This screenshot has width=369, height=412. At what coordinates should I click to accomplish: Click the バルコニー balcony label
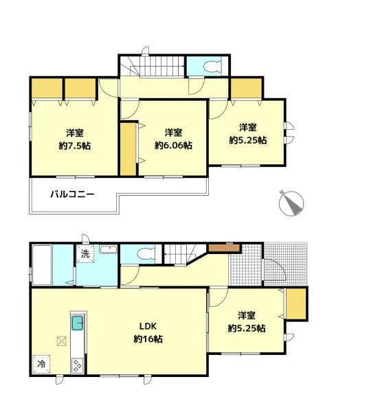point(72,194)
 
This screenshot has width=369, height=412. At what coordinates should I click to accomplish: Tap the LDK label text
point(148,326)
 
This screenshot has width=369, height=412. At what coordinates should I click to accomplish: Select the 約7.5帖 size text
point(75,146)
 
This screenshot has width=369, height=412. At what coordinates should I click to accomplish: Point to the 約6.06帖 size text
point(173,146)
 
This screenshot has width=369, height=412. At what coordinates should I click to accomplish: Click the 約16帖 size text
point(148,339)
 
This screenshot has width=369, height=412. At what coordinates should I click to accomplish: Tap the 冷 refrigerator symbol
point(41,364)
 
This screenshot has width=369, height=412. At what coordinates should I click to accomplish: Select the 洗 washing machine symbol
point(85,254)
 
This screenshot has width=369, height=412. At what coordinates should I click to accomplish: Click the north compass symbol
point(291,203)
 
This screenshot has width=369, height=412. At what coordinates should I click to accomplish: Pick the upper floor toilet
point(212,66)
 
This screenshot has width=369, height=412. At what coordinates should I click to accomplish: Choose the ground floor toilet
point(146,254)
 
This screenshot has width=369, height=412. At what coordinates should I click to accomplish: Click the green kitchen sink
point(78,323)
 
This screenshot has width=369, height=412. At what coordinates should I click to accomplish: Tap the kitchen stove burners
point(78,365)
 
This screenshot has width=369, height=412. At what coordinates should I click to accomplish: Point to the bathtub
point(42,264)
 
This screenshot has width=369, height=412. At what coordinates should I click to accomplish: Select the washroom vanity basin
point(109,249)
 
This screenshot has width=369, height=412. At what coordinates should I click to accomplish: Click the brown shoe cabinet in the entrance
point(224,248)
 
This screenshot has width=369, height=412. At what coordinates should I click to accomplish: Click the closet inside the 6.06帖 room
point(128,149)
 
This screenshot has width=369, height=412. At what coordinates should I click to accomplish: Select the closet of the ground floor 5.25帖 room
point(296,304)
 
